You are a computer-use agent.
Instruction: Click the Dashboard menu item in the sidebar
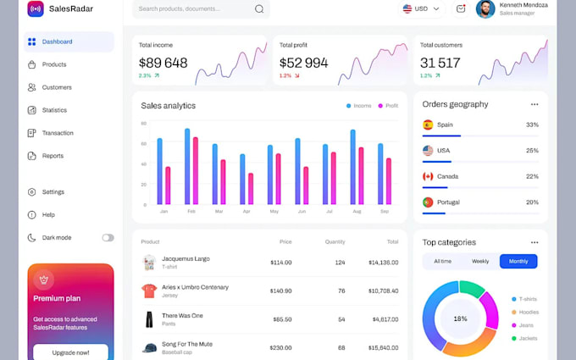coord(57,42)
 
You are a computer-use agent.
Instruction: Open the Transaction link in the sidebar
coord(57,133)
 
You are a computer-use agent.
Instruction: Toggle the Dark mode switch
coord(108,238)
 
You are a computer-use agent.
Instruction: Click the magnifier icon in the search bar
coord(259,9)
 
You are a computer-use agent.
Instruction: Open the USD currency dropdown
coord(422,9)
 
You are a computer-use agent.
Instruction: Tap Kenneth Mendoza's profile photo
coord(485,9)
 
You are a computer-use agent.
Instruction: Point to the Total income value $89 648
coord(163,63)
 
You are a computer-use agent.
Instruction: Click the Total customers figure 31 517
coord(440,63)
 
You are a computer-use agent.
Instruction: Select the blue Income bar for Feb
coord(187,167)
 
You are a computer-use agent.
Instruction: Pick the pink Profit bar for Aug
coord(361,176)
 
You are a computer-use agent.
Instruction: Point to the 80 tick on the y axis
coord(144,123)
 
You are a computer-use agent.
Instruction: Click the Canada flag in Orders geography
coord(428,176)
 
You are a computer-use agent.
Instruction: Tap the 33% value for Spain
coord(532,125)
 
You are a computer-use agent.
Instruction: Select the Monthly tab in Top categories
coord(518,262)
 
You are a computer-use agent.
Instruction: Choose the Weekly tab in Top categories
coord(480,262)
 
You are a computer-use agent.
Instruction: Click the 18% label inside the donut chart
coord(460,319)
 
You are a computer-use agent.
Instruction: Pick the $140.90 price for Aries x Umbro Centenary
coord(280,291)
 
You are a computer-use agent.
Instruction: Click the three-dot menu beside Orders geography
coord(534,104)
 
